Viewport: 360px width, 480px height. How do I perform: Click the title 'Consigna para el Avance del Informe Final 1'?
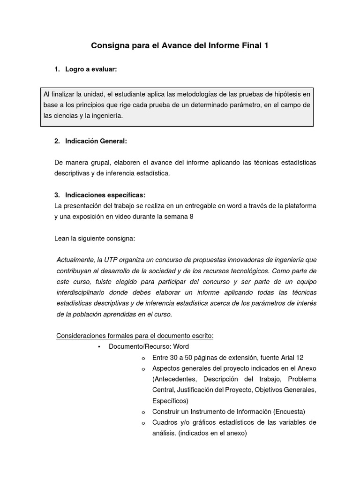pyautogui.click(x=180, y=46)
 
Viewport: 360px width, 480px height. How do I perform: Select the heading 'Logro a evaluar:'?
pyautogui.click(x=91, y=69)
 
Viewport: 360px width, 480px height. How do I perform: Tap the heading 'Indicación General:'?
pyautogui.click(x=96, y=141)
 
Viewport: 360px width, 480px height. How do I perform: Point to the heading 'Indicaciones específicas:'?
pyautogui.click(x=105, y=195)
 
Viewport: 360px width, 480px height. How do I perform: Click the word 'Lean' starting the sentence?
pyautogui.click(x=62, y=238)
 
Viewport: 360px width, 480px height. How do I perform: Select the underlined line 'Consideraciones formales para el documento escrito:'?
pyautogui.click(x=135, y=336)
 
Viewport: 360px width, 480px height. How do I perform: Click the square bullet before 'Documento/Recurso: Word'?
pyautogui.click(x=99, y=347)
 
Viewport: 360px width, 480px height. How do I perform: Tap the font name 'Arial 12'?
pyautogui.click(x=291, y=358)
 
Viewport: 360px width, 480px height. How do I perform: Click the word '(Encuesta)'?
pyautogui.click(x=289, y=412)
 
